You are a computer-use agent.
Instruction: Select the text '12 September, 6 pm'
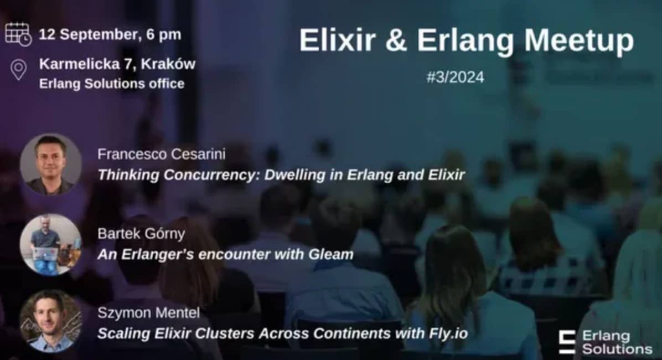click(x=110, y=34)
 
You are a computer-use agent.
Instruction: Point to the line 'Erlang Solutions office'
click(x=112, y=84)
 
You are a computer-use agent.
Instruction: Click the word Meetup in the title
click(x=579, y=41)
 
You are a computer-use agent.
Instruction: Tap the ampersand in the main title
click(x=396, y=40)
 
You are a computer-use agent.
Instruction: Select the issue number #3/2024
click(x=455, y=78)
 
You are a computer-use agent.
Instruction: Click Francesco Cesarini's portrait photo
click(x=51, y=164)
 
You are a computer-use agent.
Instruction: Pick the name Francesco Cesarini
click(x=161, y=154)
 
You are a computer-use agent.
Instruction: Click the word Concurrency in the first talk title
click(x=209, y=175)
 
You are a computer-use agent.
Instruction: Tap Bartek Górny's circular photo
click(x=51, y=245)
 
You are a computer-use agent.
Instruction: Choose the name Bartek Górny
click(x=141, y=234)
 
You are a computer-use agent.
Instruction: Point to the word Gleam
click(x=331, y=254)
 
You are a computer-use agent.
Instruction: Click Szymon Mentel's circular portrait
click(x=51, y=321)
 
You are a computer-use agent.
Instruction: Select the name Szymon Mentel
click(x=148, y=313)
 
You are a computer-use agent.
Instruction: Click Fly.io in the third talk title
click(x=448, y=334)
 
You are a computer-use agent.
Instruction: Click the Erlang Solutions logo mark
click(x=567, y=342)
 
